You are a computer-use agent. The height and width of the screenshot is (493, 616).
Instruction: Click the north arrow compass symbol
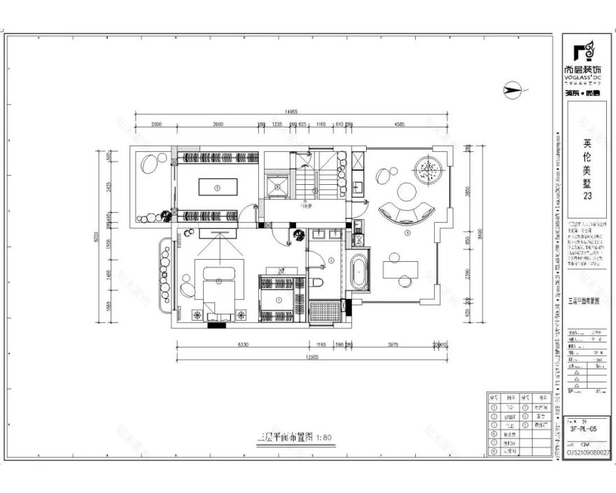tap(514, 90)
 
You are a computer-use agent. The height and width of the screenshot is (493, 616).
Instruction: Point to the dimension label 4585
tap(399, 124)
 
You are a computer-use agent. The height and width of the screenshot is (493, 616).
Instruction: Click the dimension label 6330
tap(243, 345)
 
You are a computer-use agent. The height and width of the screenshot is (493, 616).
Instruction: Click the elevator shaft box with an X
tap(277, 185)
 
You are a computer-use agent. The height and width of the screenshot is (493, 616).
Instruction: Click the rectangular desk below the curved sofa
tap(400, 269)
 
